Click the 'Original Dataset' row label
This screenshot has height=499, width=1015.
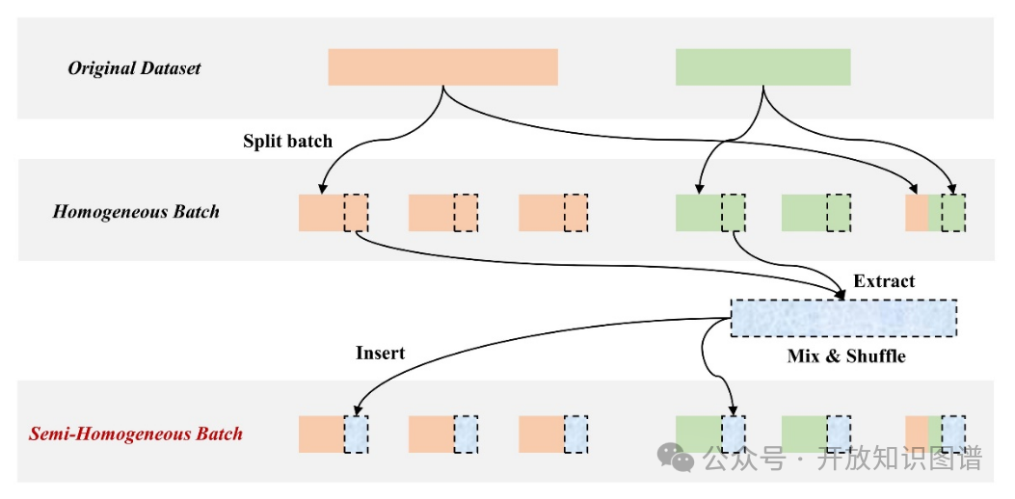pyautogui.click(x=134, y=68)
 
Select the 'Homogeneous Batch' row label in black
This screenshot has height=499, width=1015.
pyautogui.click(x=136, y=212)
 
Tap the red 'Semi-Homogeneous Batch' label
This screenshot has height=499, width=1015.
pyautogui.click(x=136, y=433)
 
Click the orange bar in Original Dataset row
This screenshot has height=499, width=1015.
pyautogui.click(x=442, y=67)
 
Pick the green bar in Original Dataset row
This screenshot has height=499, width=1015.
pyautogui.click(x=762, y=67)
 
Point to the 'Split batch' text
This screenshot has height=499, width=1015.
pyautogui.click(x=287, y=142)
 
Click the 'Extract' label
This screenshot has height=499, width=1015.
pyautogui.click(x=884, y=281)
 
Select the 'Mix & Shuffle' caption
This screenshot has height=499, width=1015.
pyautogui.click(x=846, y=356)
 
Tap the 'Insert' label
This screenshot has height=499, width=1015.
pyautogui.click(x=380, y=353)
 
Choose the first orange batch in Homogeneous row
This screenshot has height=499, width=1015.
pyautogui.click(x=333, y=213)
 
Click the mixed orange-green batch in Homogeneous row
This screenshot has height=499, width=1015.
pyautogui.click(x=934, y=213)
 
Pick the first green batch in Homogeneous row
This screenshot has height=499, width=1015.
pyautogui.click(x=709, y=213)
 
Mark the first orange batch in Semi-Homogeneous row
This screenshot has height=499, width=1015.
pyautogui.click(x=333, y=433)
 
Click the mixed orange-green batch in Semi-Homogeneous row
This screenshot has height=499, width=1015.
pyautogui.click(x=934, y=433)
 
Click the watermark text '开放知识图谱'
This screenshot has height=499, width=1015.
pyautogui.click(x=899, y=459)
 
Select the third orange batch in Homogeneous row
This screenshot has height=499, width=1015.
pyautogui.click(x=552, y=213)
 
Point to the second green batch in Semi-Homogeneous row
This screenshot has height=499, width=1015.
pyautogui.click(x=815, y=433)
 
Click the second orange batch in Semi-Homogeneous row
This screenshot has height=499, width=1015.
pyautogui.click(x=442, y=433)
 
